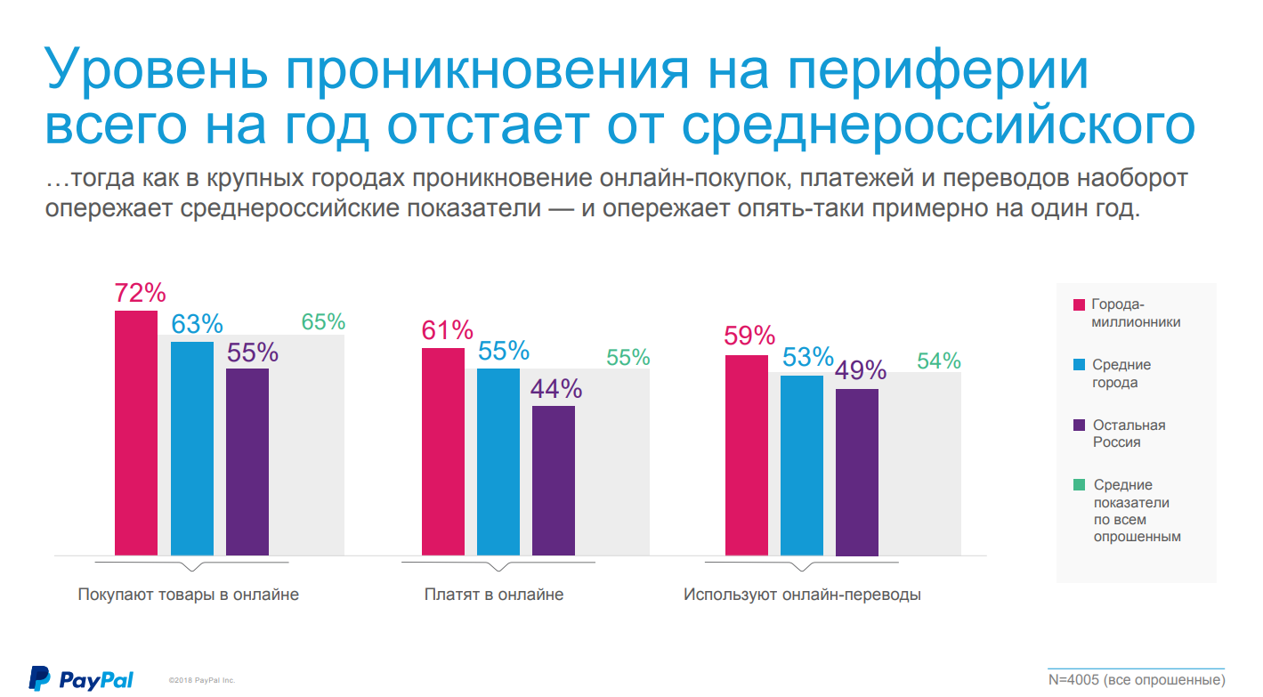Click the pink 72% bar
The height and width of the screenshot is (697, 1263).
click(x=136, y=433)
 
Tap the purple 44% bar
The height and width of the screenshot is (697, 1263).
click(x=554, y=481)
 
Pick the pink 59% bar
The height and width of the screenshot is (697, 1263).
click(x=747, y=455)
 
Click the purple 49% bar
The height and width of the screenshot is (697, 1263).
click(x=857, y=472)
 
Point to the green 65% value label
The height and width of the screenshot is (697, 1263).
click(x=323, y=322)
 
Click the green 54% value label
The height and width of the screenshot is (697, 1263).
click(x=939, y=361)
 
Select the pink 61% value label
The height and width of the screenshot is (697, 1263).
click(x=447, y=330)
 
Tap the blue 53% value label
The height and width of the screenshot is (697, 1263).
click(x=807, y=357)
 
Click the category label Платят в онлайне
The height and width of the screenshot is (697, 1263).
click(x=494, y=595)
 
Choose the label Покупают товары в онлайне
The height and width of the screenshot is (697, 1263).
click(x=189, y=595)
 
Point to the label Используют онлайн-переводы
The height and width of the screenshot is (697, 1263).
click(x=802, y=595)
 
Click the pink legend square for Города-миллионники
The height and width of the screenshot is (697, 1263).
click(x=1079, y=304)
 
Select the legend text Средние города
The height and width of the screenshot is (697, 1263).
click(x=1121, y=374)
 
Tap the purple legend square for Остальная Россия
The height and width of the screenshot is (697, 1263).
click(x=1079, y=425)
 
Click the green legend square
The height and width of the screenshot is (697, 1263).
click(x=1079, y=485)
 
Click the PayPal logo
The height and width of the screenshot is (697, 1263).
click(x=81, y=679)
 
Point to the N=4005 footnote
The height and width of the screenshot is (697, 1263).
click(x=1137, y=680)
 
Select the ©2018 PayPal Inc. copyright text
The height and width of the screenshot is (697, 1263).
click(x=202, y=680)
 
